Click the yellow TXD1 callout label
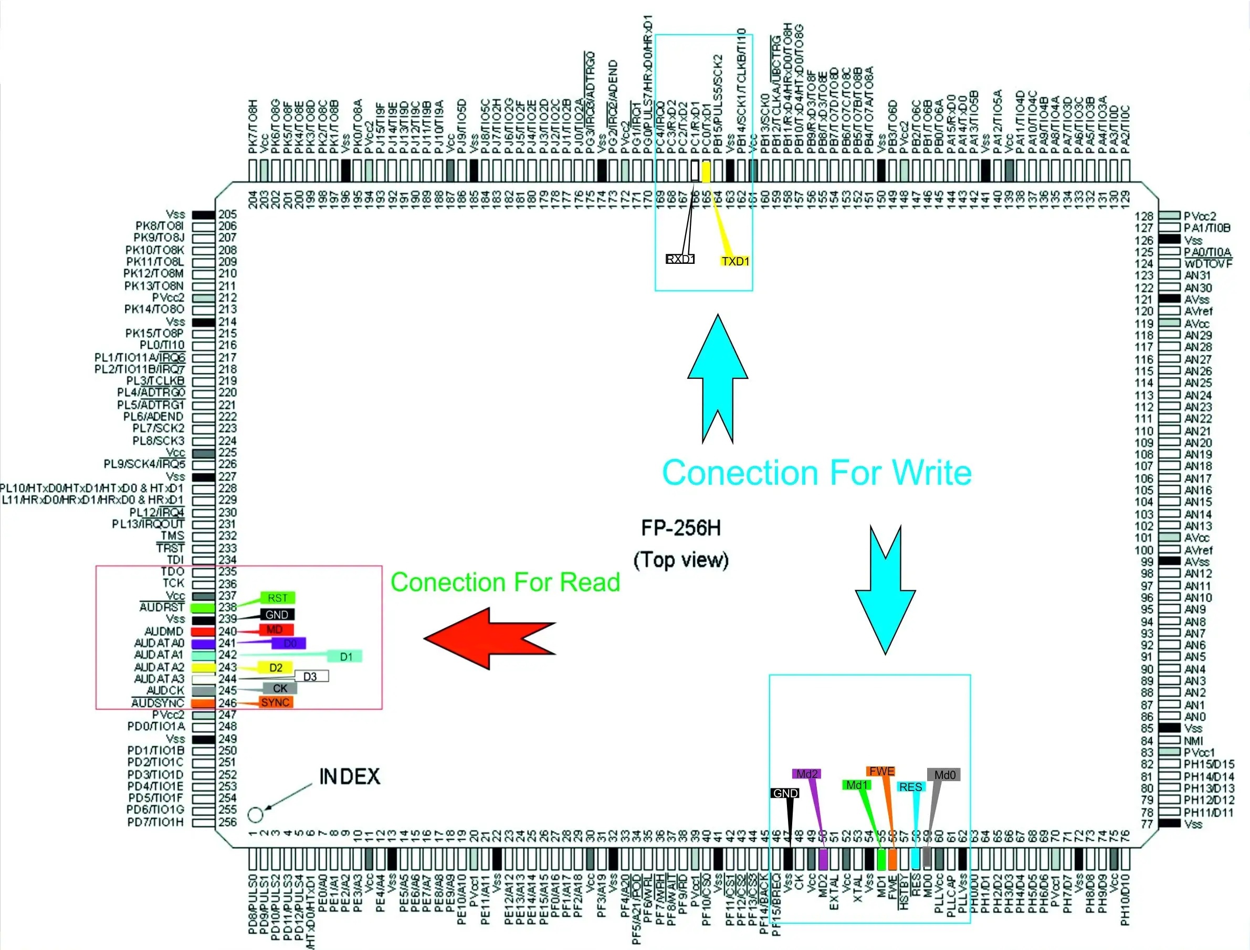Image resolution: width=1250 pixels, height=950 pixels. coord(735,261)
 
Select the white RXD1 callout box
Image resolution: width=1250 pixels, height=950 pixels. coord(680,260)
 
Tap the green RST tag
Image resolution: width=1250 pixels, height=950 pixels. coord(278,597)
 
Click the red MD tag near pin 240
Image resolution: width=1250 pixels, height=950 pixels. coord(276,629)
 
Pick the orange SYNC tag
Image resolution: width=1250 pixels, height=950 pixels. coord(276,702)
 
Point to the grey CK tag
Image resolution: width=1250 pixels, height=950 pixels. coord(280,688)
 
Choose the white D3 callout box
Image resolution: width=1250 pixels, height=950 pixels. coord(311,676)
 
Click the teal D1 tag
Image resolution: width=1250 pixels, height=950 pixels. coord(345,657)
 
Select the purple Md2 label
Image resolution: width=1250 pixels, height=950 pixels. coord(806,774)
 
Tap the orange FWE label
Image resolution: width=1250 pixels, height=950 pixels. coord(881,771)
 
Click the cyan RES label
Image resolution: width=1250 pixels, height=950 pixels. coord(910,787)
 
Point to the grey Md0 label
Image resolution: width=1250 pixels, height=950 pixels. coord(944,775)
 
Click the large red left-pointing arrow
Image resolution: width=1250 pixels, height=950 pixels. coord(489,638)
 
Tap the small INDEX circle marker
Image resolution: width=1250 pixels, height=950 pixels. coord(256,815)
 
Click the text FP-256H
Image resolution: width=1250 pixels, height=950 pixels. coord(681,528)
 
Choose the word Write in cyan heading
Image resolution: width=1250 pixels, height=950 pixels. coord(931,473)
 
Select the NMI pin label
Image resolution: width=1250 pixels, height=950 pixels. coord(1193,741)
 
